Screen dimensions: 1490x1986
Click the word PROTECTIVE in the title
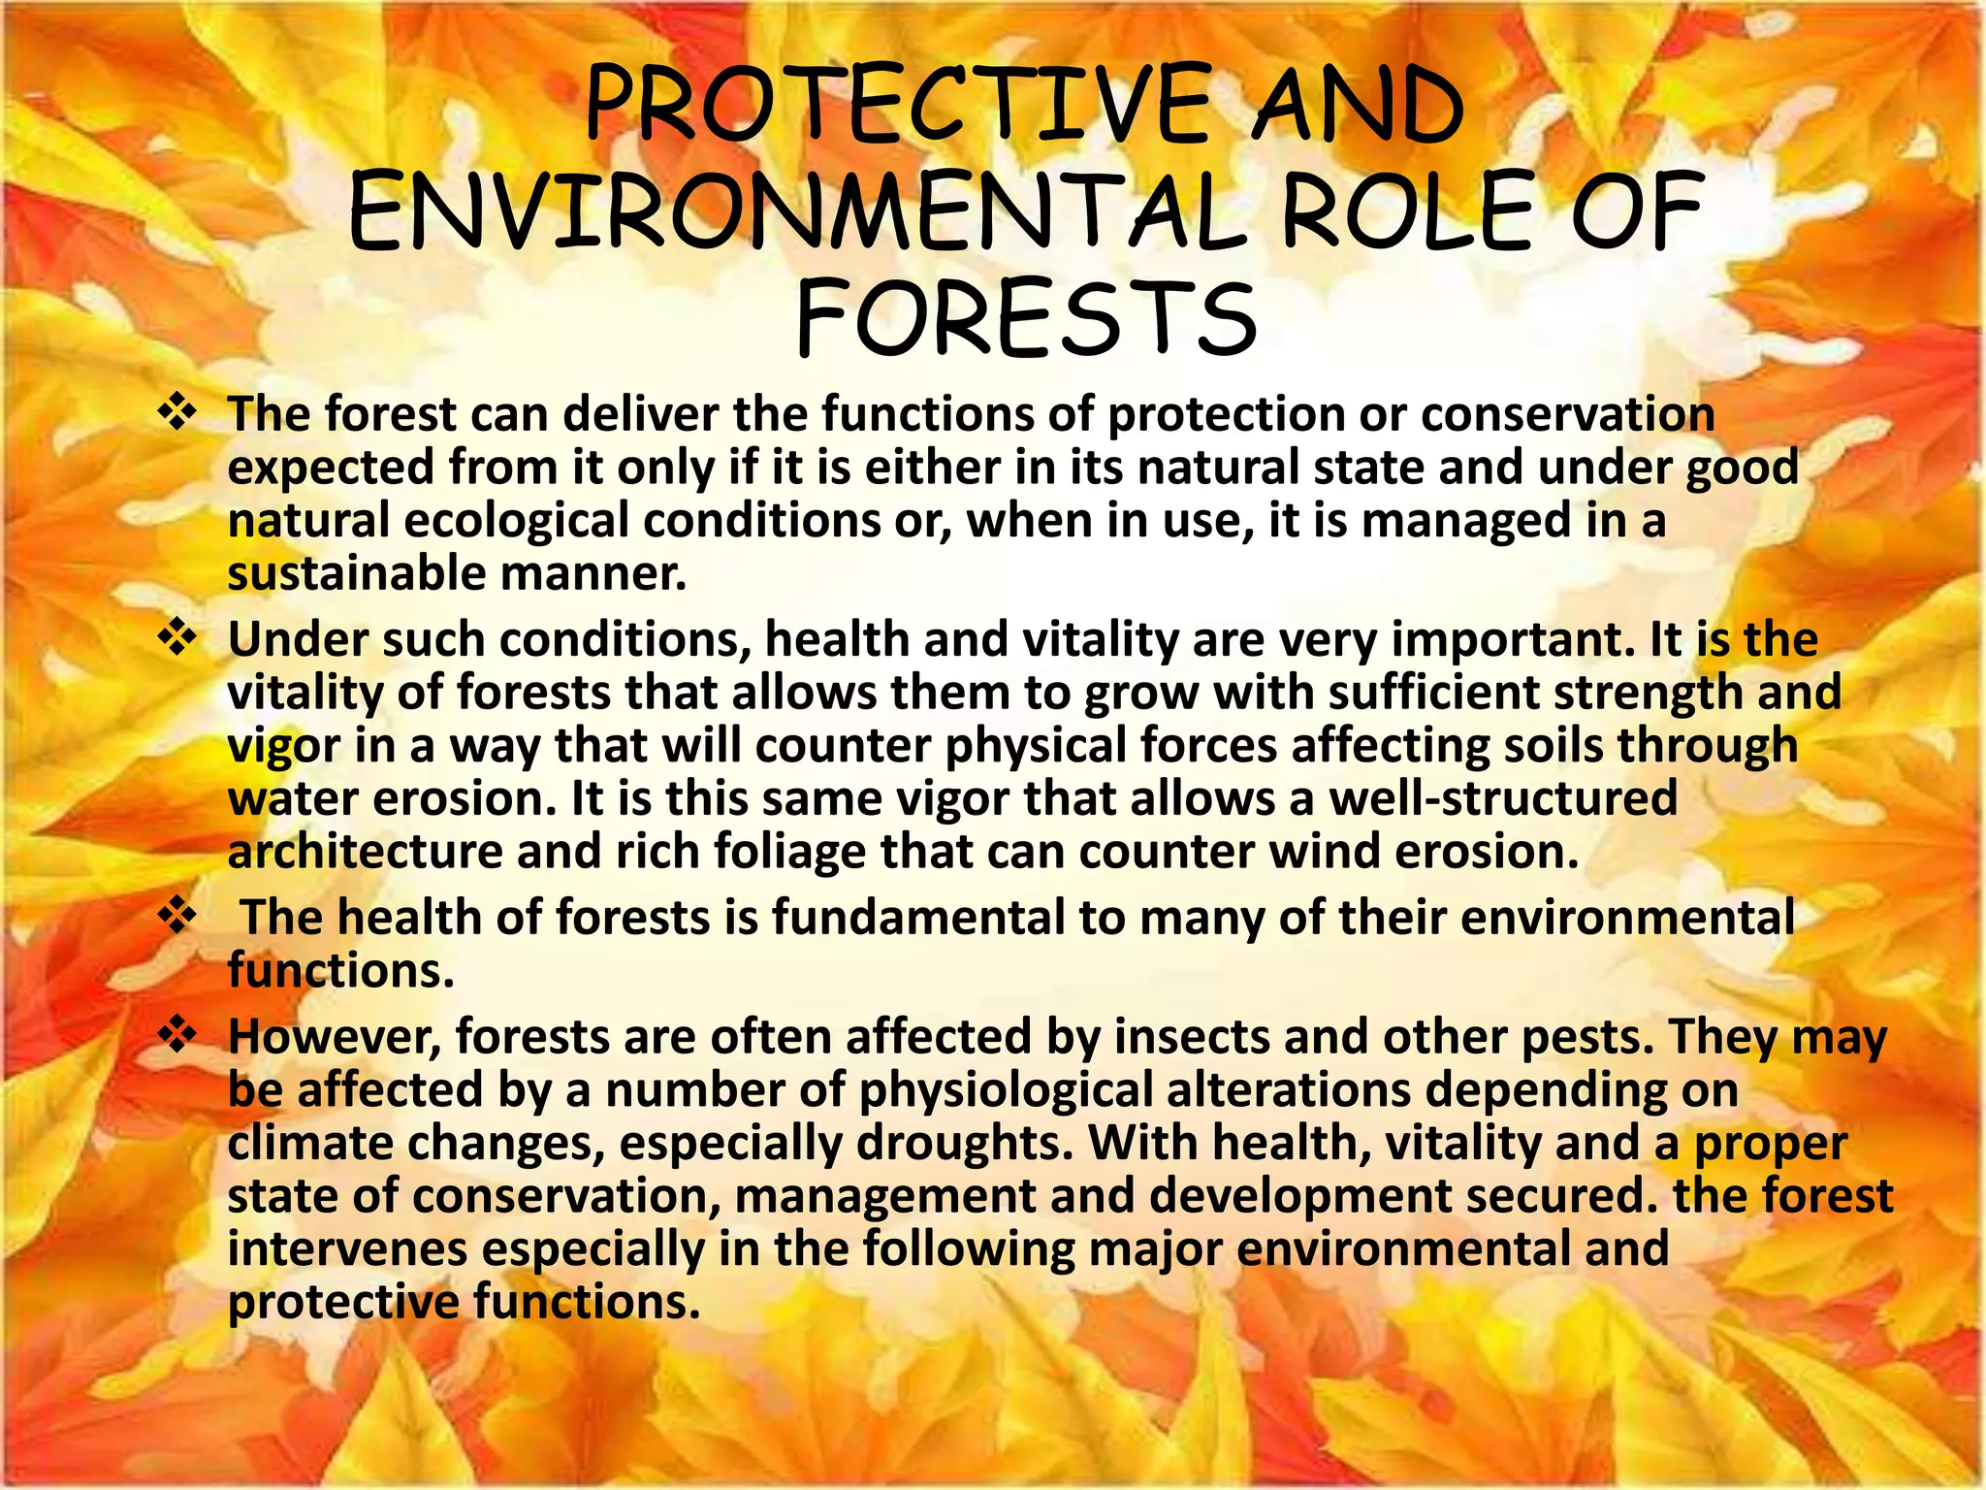click(897, 104)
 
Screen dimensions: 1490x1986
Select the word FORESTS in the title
click(1026, 318)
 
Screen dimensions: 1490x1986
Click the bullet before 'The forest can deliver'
click(177, 414)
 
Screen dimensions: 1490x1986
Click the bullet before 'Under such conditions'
click(177, 639)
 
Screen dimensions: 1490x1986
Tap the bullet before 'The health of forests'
click(177, 917)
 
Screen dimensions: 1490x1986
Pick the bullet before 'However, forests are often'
click(177, 1036)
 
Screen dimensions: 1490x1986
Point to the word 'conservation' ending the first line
click(1568, 414)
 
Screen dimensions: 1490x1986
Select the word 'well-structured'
click(1502, 798)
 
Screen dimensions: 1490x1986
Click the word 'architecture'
click(364, 852)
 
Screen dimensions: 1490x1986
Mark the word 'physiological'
click(1005, 1089)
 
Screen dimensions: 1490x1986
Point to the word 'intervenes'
click(347, 1248)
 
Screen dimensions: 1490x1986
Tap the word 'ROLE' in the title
click(1410, 211)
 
